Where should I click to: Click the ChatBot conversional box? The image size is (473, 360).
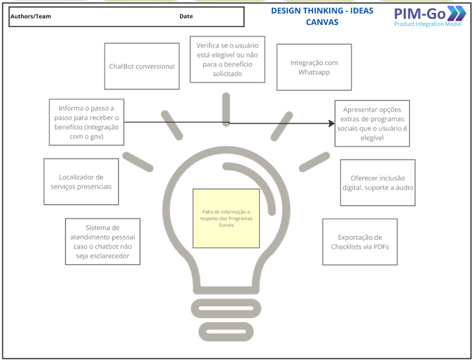[x=141, y=67]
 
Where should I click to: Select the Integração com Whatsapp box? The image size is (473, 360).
[x=314, y=67]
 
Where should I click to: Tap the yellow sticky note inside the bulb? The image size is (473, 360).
[x=226, y=218]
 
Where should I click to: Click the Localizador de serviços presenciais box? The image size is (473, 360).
[x=81, y=182]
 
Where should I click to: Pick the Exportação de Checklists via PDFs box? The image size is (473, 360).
[x=360, y=242]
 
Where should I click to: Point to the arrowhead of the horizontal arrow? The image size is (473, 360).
[x=332, y=123]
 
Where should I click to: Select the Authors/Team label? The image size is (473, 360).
[x=31, y=17]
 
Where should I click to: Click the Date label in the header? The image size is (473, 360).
[x=186, y=17]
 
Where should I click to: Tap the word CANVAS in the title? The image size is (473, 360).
[x=322, y=22]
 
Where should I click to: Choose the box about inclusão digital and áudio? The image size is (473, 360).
[x=377, y=182]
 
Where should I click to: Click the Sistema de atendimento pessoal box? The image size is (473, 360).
[x=103, y=242]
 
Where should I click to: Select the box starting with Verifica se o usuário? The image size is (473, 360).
[x=227, y=59]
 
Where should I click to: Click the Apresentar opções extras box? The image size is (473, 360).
[x=372, y=123]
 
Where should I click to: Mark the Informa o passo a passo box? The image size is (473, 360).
[x=86, y=122]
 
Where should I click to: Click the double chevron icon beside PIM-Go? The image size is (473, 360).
[x=456, y=13]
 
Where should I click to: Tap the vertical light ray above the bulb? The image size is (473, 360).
[x=226, y=110]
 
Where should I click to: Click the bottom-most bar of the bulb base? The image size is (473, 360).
[x=226, y=333]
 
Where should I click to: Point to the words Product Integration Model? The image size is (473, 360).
[x=427, y=25]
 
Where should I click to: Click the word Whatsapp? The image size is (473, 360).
[x=314, y=72]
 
